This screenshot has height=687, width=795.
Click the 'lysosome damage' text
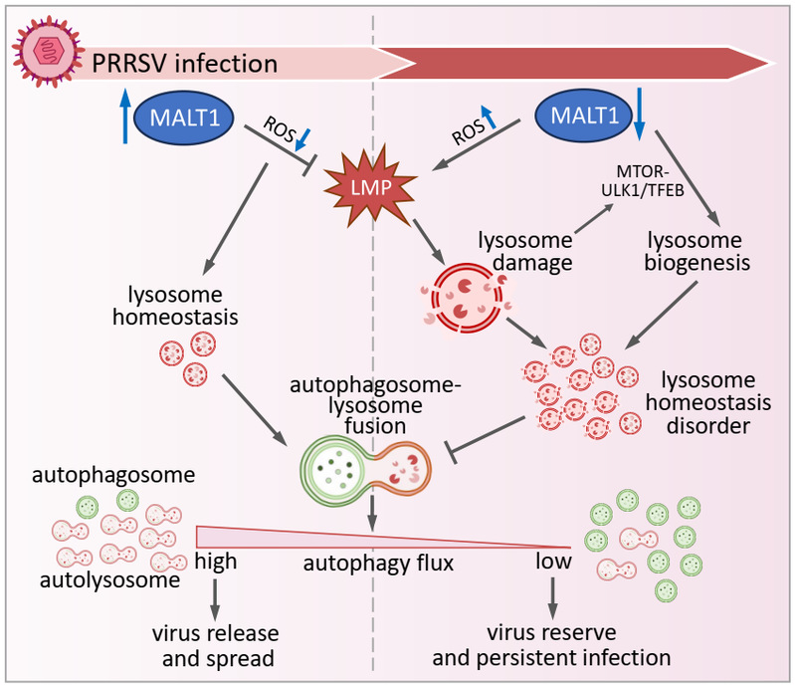tap(524, 255)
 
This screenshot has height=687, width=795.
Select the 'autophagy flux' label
tap(379, 565)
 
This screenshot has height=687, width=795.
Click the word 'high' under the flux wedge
tap(216, 561)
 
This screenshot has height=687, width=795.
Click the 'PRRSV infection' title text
tap(184, 65)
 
